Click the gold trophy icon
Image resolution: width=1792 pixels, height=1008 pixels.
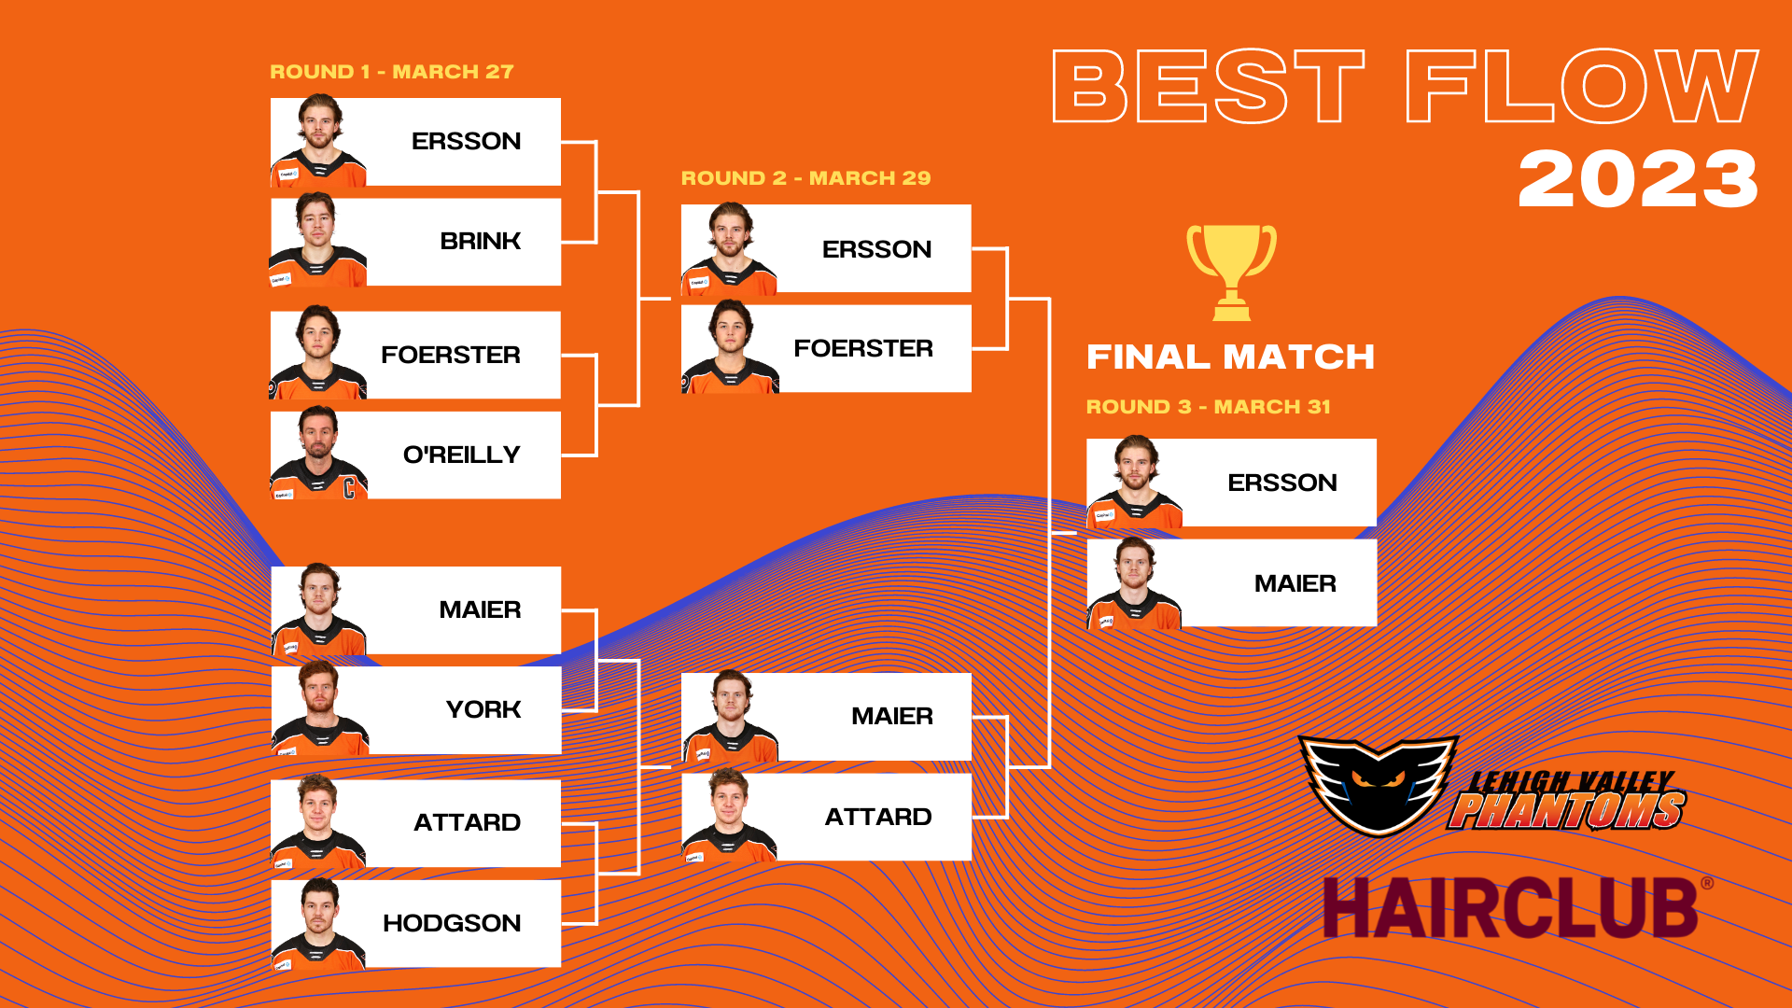click(1231, 272)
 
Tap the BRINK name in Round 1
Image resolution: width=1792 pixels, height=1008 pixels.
click(480, 241)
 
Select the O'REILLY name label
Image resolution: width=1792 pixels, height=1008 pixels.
click(461, 455)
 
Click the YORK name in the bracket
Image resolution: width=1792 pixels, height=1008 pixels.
click(483, 709)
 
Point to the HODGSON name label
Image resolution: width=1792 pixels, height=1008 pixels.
click(452, 923)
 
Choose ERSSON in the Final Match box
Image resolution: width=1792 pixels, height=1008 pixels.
click(1281, 483)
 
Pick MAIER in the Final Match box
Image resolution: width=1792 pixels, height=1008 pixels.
click(1295, 583)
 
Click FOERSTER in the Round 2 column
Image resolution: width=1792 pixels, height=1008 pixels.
click(862, 348)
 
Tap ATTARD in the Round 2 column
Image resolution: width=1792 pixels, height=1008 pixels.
click(877, 817)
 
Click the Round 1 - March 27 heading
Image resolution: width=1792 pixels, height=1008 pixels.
click(392, 72)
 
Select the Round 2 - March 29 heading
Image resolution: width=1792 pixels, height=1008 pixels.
click(805, 178)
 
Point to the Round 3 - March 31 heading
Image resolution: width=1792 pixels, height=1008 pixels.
click(1208, 407)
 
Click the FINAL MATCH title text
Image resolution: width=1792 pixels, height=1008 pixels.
click(1230, 357)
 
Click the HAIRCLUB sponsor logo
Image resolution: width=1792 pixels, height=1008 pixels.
click(1518, 907)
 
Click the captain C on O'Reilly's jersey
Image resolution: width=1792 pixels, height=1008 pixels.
click(349, 487)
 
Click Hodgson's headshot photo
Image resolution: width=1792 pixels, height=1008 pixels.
click(318, 924)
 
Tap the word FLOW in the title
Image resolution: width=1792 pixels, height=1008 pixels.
click(1582, 86)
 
